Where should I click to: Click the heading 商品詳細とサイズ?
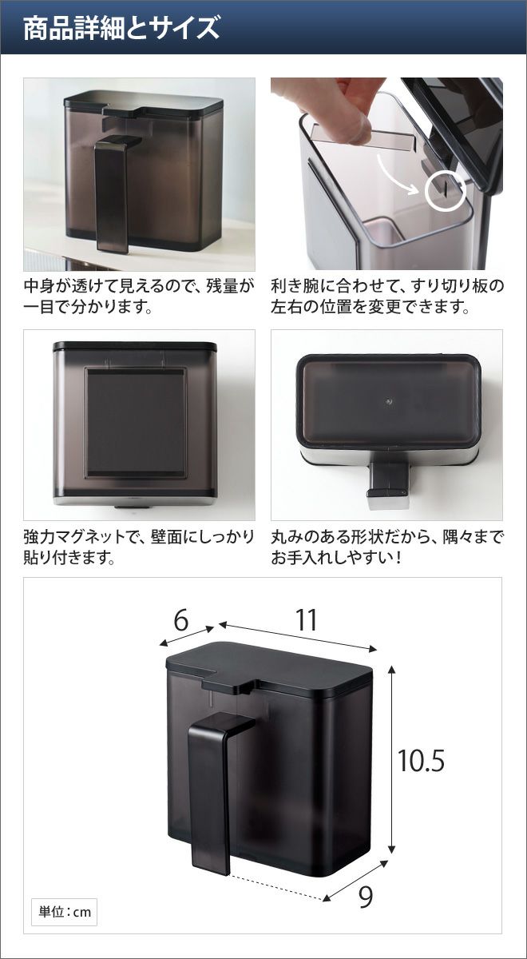121,28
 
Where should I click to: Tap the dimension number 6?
181,620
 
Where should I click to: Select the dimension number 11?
307,620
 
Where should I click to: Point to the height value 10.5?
421,760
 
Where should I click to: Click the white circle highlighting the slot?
446,190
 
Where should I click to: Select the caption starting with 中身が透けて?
139,296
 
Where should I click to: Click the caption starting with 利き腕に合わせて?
387,296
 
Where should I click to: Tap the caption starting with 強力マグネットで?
139,547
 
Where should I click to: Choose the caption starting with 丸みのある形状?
387,547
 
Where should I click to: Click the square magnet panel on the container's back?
136,422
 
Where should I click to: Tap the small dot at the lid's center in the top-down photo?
388,402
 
